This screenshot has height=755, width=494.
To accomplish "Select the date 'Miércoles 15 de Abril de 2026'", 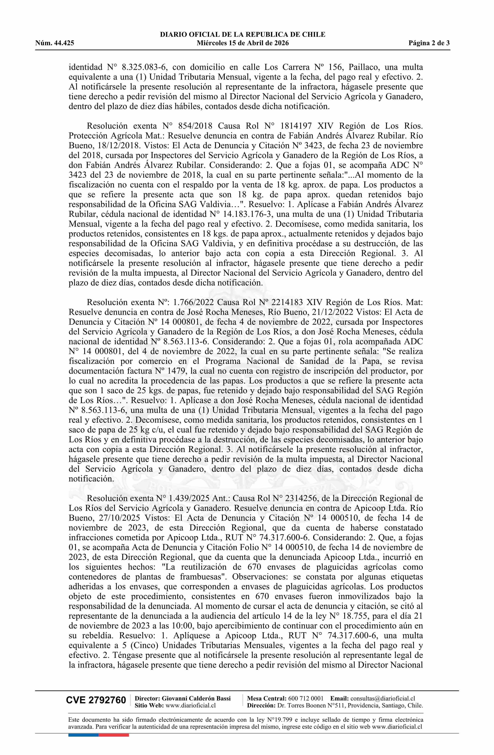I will click(x=243, y=43).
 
